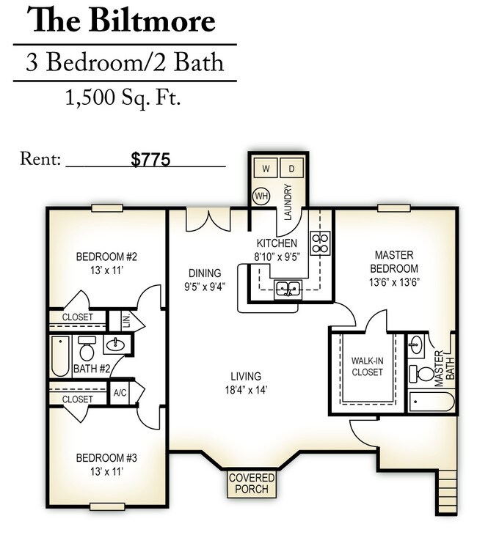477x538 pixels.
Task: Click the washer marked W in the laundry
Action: [266, 168]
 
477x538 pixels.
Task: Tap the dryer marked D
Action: [291, 168]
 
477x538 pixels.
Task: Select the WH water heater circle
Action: [261, 196]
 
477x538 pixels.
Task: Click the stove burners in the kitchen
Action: [320, 243]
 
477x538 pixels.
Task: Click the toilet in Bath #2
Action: [87, 347]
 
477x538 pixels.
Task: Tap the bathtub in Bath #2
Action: [60, 355]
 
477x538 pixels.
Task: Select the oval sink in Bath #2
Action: [116, 344]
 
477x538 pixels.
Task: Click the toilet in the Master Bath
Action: [422, 374]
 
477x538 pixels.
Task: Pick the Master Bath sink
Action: [416, 344]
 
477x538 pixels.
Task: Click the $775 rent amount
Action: [150, 160]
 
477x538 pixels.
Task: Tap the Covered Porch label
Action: [252, 483]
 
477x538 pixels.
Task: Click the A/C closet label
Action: [120, 393]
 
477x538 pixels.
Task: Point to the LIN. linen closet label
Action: [125, 320]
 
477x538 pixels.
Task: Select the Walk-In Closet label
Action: [367, 366]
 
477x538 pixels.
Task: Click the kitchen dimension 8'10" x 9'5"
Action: [277, 257]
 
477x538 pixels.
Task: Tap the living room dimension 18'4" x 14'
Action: [246, 390]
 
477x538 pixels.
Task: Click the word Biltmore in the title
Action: [151, 20]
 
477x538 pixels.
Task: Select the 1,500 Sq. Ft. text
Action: [123, 97]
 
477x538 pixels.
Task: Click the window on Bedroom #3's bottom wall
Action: [107, 506]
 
